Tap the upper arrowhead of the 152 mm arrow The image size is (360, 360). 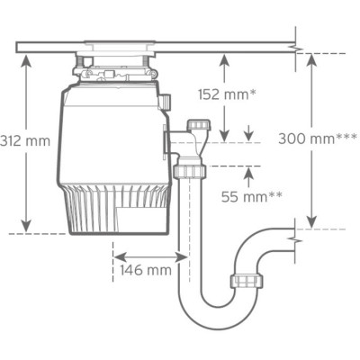point(223,56)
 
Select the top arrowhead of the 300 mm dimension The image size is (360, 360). point(310,56)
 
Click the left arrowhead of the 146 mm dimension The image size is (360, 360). point(114,255)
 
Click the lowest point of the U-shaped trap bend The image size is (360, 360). point(207,325)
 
